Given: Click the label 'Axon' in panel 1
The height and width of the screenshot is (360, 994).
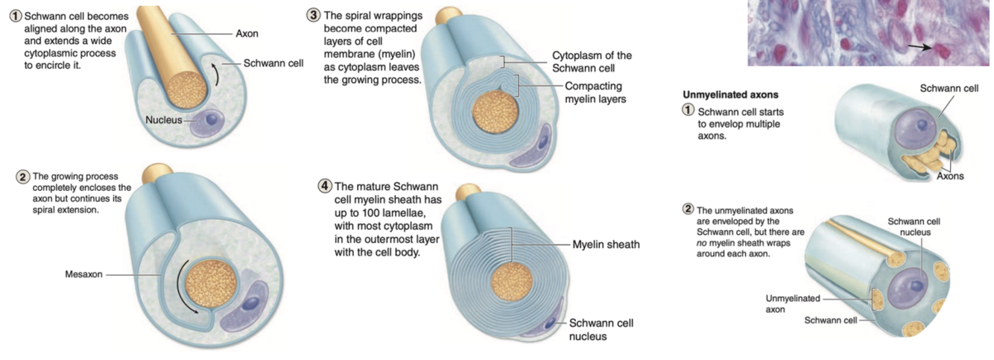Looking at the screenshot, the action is [247, 34].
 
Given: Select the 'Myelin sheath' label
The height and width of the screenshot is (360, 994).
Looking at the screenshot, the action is [606, 244].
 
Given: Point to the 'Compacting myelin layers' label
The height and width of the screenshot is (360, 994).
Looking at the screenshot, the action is [595, 92].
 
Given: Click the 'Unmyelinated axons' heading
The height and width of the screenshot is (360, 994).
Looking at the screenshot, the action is [721, 95].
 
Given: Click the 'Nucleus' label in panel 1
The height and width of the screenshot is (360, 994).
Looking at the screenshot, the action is [164, 119].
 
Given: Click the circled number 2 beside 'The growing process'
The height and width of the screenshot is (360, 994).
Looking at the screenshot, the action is [22, 177].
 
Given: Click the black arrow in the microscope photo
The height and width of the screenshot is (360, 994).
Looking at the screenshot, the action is [922, 47].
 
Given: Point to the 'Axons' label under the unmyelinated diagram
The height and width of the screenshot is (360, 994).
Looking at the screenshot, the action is [950, 177].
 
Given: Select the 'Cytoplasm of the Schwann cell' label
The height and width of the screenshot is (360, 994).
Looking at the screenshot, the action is [592, 61].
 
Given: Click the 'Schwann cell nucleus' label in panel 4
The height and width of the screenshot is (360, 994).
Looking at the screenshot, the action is [601, 329].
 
